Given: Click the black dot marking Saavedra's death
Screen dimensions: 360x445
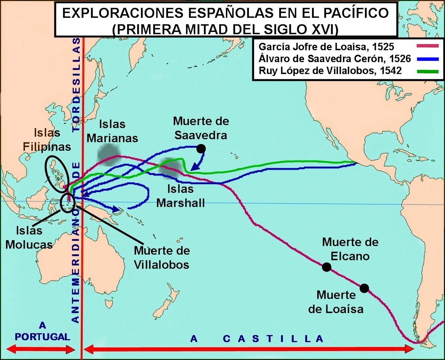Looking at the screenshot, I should click(201, 149).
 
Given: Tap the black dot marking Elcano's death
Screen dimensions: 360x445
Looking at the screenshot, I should click(326, 267).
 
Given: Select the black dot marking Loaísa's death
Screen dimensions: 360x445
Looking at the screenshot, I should click(364, 288).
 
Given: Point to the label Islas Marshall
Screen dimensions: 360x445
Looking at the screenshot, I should click(180, 196).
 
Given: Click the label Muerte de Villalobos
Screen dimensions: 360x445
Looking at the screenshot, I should click(161, 257).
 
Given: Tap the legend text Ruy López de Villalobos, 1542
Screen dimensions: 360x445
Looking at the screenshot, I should click(330, 71).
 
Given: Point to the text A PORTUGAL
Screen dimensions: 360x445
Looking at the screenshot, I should click(42, 331).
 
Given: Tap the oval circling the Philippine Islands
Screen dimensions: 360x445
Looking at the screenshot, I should click(57, 173).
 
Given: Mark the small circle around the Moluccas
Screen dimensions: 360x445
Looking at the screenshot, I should click(68, 203).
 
